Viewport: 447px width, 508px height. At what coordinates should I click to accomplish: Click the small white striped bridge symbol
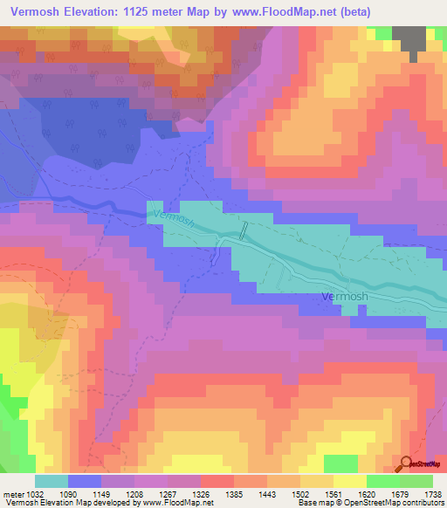coord(244,230)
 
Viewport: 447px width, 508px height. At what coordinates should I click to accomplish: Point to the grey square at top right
coord(409,39)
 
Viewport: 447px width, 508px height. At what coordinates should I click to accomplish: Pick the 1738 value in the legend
coord(433,493)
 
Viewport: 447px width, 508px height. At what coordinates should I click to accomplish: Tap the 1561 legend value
coord(335,493)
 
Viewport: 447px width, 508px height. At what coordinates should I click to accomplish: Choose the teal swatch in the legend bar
coord(51,481)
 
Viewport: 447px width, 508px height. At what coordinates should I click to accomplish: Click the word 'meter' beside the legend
coord(13,493)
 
